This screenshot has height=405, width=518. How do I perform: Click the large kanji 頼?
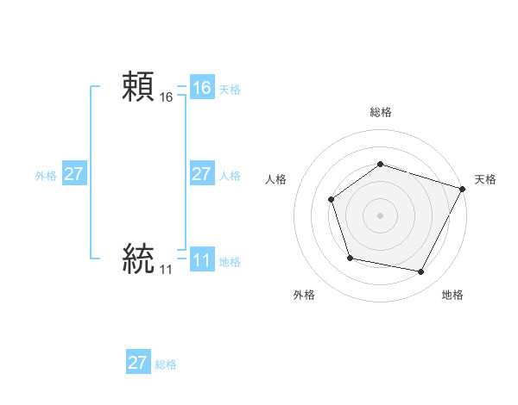[x=138, y=86]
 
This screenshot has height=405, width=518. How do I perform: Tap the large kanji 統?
[x=138, y=259]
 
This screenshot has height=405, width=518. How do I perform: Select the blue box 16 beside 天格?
[x=202, y=88]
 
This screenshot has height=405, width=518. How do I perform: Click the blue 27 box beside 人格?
[x=202, y=174]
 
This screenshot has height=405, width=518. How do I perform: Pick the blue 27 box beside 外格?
[x=74, y=174]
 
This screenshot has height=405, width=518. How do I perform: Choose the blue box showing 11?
[x=202, y=260]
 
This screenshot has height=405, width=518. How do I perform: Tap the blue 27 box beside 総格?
[x=138, y=363]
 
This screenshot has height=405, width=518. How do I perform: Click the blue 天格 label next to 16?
[x=230, y=90]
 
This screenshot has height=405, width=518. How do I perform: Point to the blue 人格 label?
[x=230, y=176]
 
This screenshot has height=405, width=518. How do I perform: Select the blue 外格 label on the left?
[x=46, y=176]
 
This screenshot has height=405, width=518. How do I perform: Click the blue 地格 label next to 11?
[x=230, y=262]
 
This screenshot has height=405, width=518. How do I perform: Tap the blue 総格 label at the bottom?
[x=166, y=364]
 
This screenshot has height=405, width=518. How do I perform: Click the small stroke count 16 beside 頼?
[x=167, y=98]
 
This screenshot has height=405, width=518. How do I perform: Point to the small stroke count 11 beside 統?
[x=166, y=271]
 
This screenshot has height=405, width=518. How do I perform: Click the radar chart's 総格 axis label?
[x=380, y=113]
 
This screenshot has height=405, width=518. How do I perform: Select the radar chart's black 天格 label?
[x=485, y=179]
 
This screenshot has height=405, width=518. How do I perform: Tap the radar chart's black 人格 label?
[x=276, y=179]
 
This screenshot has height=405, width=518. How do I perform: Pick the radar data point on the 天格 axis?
[x=463, y=189]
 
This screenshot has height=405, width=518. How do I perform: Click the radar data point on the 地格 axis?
[x=420, y=271]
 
